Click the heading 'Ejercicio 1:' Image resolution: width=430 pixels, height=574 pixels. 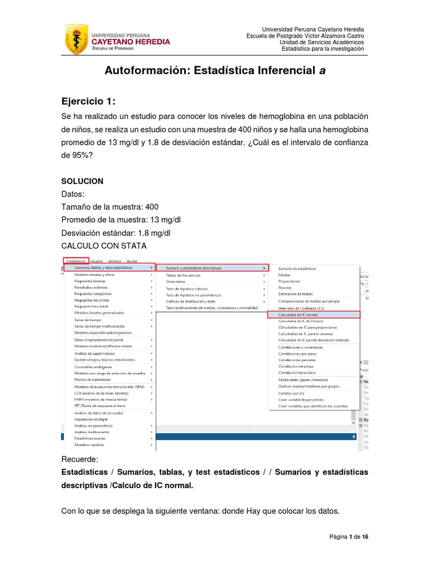89,101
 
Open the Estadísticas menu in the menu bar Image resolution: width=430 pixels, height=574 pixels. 75,261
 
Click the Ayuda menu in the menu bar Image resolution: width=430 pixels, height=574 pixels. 132,261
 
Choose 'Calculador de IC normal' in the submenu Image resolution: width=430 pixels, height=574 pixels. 298,315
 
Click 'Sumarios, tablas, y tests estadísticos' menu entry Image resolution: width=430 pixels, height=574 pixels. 104,268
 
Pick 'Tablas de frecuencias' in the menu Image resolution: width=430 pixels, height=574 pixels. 183,275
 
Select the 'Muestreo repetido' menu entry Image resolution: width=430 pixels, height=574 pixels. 90,445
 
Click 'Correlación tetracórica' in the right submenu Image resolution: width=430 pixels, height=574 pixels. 297,372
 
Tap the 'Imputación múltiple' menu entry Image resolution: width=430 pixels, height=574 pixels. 91,419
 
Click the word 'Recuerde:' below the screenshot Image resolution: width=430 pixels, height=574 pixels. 80,460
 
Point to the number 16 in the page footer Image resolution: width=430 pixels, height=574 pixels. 365,537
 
